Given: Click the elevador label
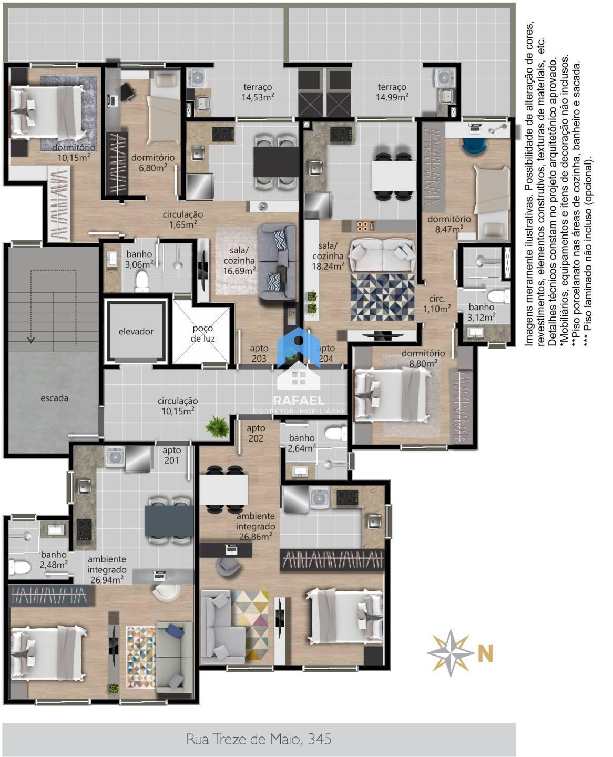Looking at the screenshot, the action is [136, 331].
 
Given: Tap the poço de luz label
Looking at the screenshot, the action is [202, 333].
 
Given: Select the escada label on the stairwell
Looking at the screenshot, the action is [54, 398].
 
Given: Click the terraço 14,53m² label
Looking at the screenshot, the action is [258, 92].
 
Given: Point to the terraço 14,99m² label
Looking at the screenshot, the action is [392, 92].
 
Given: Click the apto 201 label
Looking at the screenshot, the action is [171, 455].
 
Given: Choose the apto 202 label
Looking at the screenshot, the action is [256, 433].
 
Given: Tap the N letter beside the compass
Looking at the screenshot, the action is [485, 653].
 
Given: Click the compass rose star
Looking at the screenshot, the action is [451, 653].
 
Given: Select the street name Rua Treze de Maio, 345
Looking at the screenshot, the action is [259, 739].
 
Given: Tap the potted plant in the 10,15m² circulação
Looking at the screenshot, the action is [217, 427].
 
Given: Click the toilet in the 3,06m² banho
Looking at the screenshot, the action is [142, 281].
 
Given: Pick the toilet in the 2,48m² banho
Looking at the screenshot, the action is [20, 567].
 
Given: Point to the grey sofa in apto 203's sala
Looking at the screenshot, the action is [277, 261].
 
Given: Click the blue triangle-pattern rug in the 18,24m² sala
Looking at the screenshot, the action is [382, 297].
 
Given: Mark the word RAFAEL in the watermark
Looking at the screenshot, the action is [299, 400].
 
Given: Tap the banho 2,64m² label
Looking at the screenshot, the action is [302, 443].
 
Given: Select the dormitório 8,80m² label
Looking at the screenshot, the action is [423, 358].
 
